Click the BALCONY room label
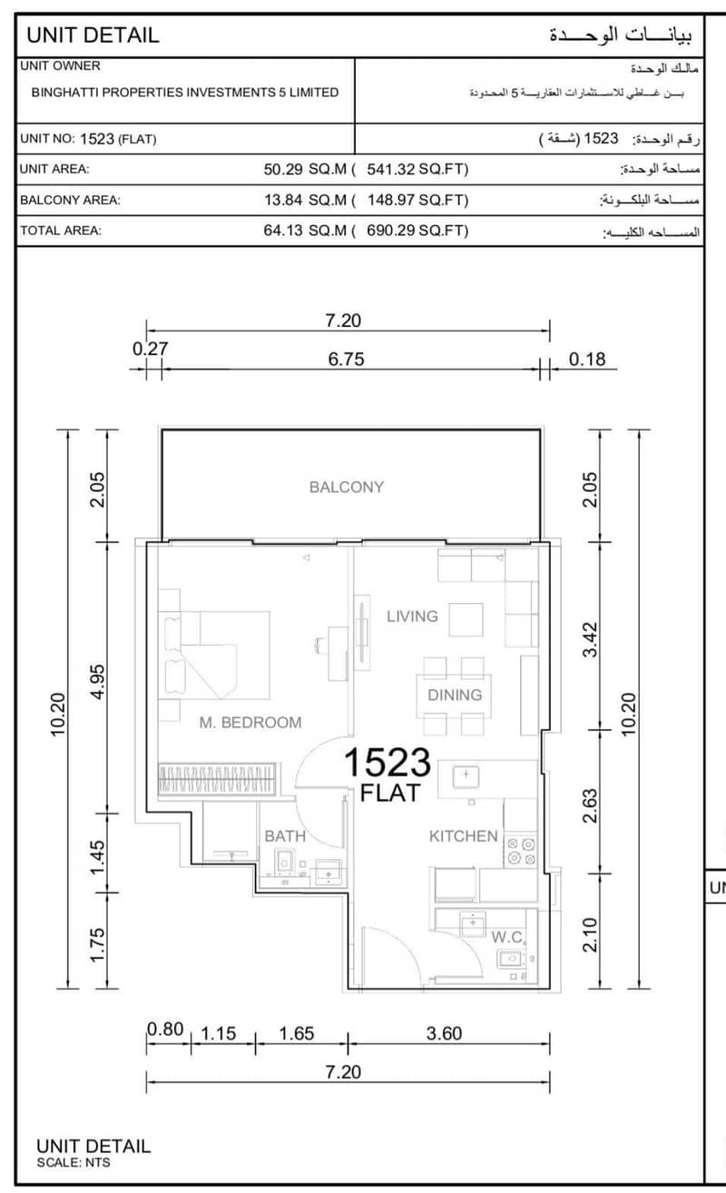coord(347,487)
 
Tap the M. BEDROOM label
coord(250,722)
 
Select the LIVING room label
coord(413,616)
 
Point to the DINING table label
coord(455,695)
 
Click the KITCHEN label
coord(463,836)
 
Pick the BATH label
coord(285,836)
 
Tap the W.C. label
coord(507,937)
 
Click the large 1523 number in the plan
coord(388,762)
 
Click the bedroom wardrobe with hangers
coord(217,780)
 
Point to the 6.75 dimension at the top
coord(346,359)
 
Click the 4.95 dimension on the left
coord(97,682)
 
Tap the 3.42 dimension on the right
coord(590,640)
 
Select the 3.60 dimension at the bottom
coord(445,1033)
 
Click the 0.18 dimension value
coord(587,359)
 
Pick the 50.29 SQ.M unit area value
coord(305,170)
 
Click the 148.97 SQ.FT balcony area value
coord(417,201)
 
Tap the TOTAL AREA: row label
coord(61,231)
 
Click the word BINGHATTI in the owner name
coord(64,92)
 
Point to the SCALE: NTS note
coord(74,1163)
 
